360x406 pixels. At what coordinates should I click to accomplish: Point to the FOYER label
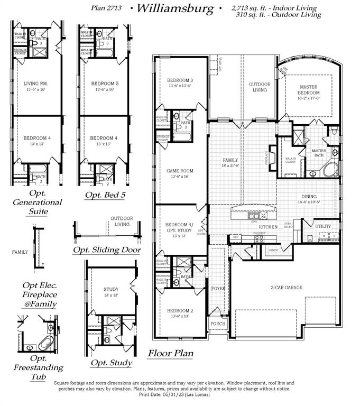pos(218,289)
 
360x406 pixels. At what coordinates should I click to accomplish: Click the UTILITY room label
pos(323,226)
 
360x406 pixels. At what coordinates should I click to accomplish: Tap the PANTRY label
pos(274,250)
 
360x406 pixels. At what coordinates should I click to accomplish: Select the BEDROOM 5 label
pos(105,84)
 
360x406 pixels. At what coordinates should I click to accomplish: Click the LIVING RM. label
pos(35,84)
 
